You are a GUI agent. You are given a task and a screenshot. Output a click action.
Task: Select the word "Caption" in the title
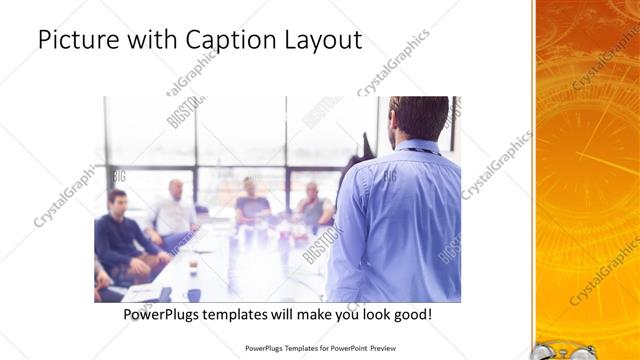(222, 41)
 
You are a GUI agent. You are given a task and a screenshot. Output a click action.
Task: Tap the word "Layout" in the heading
(319, 41)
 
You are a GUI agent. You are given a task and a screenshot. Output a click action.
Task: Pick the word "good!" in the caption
(409, 315)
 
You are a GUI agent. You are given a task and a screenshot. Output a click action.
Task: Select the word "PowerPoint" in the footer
(341, 350)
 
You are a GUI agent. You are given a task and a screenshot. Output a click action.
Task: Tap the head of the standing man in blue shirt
(419, 118)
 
